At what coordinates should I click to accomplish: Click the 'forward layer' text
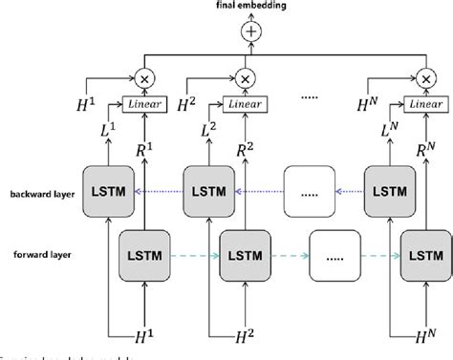point(36,254)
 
